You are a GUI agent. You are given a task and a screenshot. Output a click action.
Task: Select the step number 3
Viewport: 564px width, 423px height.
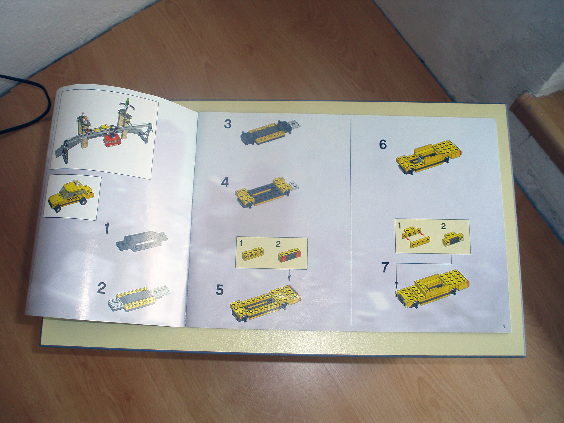228,124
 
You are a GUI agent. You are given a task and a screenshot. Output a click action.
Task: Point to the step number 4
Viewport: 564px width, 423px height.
225,182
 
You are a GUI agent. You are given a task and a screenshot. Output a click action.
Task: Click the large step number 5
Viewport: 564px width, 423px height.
220,290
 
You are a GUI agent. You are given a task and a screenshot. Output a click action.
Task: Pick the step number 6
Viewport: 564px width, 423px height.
383,145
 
